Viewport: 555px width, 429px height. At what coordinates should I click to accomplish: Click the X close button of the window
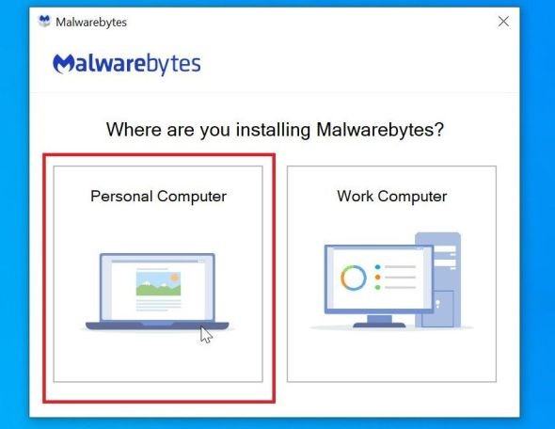(503, 22)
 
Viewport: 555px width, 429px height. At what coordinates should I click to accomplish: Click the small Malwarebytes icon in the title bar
(44, 22)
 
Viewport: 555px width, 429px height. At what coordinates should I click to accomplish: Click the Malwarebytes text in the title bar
(91, 23)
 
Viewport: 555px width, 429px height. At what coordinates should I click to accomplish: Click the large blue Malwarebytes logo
(127, 64)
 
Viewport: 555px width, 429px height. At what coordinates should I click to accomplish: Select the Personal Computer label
(158, 197)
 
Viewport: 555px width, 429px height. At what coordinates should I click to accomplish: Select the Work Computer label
(392, 197)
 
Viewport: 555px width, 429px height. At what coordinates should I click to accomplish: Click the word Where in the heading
(135, 130)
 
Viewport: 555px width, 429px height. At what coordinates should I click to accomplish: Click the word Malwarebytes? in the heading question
(380, 130)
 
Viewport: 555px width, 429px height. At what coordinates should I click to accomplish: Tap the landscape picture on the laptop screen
(158, 283)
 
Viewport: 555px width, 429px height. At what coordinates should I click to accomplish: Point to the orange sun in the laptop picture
(174, 278)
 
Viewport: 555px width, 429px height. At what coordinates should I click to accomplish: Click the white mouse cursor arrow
(206, 335)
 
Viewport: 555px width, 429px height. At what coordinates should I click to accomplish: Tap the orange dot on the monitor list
(377, 278)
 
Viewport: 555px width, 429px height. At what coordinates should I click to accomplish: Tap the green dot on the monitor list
(377, 288)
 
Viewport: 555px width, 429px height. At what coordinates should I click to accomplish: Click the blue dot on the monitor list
(377, 267)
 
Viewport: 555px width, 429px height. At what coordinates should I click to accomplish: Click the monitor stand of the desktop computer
(379, 321)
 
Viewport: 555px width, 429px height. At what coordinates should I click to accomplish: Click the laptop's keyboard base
(157, 326)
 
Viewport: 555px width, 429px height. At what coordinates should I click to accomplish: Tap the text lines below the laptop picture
(158, 305)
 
